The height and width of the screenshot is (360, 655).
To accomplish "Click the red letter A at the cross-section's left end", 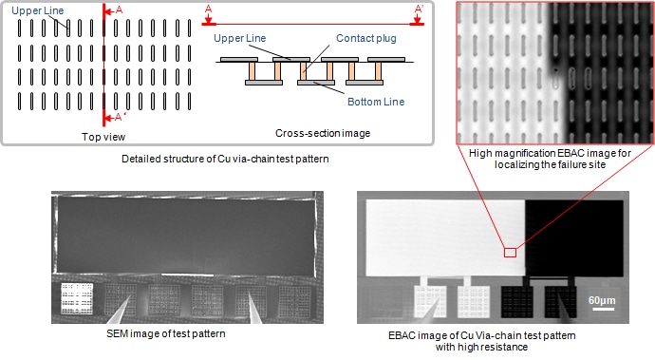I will click(208, 9).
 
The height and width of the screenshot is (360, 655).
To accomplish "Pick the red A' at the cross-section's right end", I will click(419, 9).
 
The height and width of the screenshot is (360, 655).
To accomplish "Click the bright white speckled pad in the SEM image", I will click(74, 298).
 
